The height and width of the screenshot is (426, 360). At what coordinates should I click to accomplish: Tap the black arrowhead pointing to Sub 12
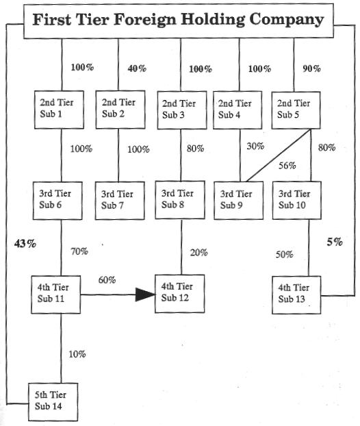coord(145,295)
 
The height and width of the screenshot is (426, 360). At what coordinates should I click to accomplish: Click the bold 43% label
coord(25,243)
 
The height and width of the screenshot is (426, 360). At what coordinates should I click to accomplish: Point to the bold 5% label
coord(335,242)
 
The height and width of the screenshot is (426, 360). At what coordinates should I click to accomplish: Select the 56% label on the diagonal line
coord(287,166)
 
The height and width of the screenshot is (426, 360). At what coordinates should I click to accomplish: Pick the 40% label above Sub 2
coord(137,68)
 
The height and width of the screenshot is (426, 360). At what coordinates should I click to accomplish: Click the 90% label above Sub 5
coord(311,68)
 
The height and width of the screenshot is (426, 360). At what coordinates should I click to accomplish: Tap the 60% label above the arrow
coord(107,279)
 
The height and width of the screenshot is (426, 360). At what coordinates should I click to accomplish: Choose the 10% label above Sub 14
coord(77,354)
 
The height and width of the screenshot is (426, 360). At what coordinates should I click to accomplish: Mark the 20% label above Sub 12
coord(198,253)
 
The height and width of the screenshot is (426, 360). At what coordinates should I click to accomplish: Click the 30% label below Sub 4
coord(255,146)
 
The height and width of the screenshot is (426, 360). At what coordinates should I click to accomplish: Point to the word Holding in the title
coord(213,20)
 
